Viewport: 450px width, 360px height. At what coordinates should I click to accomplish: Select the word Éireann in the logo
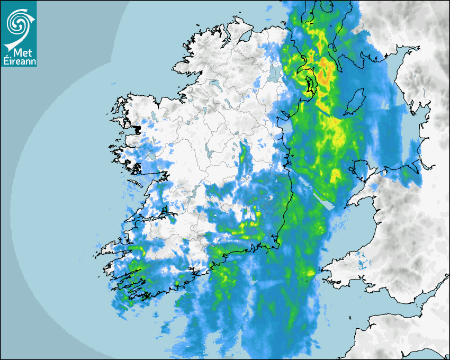click(x=19, y=61)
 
